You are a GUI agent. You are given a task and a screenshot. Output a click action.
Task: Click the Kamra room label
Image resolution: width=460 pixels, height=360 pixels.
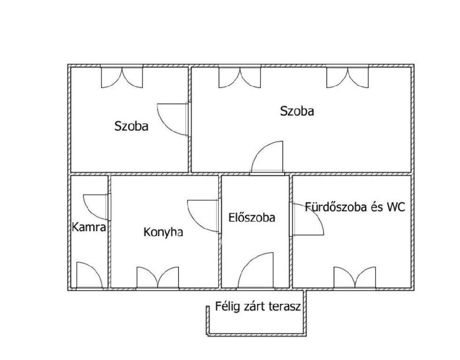click(89, 227)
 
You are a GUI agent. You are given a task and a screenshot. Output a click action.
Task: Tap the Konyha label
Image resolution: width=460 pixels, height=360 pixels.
click(163, 232)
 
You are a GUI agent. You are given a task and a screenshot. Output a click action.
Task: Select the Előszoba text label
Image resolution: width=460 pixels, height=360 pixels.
click(252, 217)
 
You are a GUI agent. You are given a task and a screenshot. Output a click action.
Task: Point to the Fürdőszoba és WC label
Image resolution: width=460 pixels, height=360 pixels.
click(355, 207)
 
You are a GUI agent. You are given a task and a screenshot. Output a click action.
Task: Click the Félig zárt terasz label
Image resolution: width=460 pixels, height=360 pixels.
click(258, 307)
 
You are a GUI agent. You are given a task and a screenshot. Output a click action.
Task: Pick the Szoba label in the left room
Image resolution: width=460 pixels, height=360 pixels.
click(131, 126)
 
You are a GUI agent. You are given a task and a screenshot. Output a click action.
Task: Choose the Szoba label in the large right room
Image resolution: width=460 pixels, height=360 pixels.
click(297, 111)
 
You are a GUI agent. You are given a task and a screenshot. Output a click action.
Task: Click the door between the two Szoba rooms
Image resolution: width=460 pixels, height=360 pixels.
click(173, 120)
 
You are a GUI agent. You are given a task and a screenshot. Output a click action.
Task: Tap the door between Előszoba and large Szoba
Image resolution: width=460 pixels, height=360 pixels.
click(267, 157)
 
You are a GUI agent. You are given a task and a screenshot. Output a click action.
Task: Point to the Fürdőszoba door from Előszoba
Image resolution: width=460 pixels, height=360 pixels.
click(307, 219)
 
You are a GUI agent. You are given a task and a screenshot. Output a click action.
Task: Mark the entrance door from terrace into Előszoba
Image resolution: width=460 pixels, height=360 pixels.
click(256, 270)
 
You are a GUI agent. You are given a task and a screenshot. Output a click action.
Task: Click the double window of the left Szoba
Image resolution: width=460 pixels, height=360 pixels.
click(122, 76)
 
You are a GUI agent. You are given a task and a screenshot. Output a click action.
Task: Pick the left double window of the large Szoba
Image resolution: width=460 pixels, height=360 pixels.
click(240, 76)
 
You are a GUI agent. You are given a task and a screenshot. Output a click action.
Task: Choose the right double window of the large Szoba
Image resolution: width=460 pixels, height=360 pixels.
click(347, 76)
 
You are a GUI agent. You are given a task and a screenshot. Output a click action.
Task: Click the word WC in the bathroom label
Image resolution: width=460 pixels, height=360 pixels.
click(396, 207)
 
